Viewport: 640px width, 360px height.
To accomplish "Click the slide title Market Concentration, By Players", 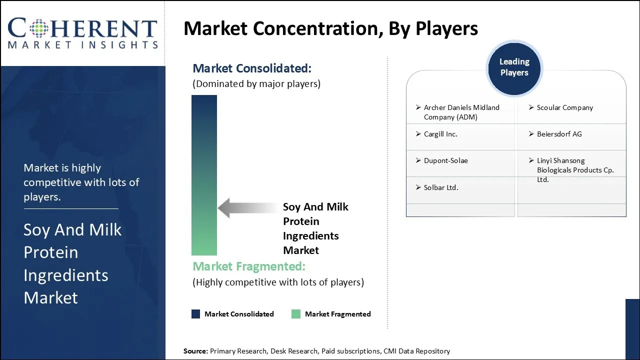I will (330, 28).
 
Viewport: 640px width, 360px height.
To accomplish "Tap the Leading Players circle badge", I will (514, 67).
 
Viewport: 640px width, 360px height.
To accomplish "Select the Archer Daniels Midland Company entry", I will (461, 112).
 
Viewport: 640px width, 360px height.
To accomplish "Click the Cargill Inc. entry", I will (440, 134).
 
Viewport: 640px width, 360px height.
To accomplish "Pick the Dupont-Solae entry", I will (445, 160).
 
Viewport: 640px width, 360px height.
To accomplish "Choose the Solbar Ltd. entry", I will (440, 187).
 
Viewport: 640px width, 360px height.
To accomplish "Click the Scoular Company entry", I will (564, 107).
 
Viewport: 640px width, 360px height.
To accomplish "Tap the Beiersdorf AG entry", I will (559, 134).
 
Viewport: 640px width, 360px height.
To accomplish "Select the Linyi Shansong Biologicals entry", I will (574, 170).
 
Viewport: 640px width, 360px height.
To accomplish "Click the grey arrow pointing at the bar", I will (247, 208).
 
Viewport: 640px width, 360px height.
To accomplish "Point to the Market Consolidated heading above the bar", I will (252, 68).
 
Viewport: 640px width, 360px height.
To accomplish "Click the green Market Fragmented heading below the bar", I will (248, 266).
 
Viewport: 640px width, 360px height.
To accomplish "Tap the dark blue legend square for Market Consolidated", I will (196, 314).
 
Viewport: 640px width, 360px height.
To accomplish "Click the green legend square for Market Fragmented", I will (296, 314).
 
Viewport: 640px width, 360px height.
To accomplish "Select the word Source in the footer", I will (195, 351).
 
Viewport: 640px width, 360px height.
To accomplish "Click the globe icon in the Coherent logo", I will (38, 28).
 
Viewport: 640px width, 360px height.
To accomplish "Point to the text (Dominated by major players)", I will (256, 84).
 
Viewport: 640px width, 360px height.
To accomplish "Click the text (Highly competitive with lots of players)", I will (278, 282).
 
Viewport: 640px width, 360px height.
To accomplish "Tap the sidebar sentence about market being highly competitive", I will (81, 182).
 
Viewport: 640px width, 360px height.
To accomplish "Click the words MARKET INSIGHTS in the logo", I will (82, 45).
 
